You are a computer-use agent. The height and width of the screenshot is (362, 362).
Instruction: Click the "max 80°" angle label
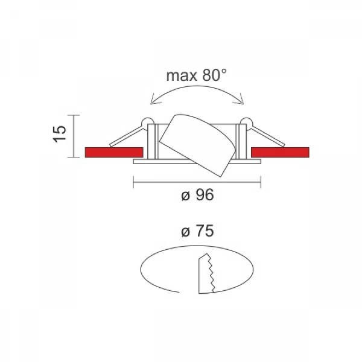197,75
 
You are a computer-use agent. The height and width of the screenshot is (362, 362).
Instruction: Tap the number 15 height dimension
60,134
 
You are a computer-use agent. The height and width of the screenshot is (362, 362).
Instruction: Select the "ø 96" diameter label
198,195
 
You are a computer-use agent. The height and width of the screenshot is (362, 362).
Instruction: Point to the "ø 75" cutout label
198,231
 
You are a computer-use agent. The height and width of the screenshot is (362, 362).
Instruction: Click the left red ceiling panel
114,153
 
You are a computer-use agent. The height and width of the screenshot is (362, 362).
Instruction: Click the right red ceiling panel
280,153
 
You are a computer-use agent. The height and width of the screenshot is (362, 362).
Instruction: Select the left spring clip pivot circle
148,122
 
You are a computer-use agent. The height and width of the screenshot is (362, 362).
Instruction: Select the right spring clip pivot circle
246,122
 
